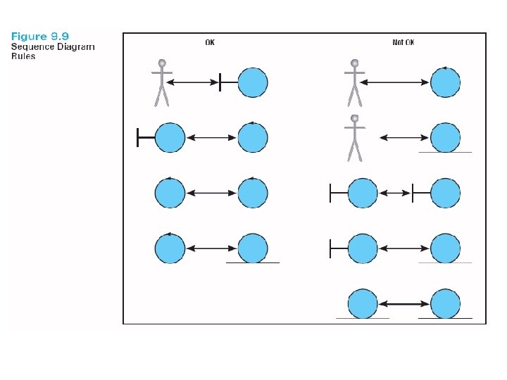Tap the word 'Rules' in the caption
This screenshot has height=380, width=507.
coord(23,57)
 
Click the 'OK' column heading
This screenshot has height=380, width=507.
coord(210,43)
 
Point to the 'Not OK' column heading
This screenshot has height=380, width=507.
coord(403,43)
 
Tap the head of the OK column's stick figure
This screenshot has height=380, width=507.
coord(162,63)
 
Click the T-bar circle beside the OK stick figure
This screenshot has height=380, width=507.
coord(252,82)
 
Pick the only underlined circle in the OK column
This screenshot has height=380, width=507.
coord(252,248)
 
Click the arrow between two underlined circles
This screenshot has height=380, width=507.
coord(404,304)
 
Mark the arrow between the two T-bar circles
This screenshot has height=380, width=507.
coord(394,192)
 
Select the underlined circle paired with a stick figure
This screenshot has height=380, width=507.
coord(445,137)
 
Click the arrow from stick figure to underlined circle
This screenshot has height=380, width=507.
coord(404,137)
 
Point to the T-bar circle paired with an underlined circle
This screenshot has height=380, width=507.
coord(362,248)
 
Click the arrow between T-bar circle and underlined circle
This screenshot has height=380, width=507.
coord(404,248)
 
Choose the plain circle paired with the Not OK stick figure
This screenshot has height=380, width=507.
coord(445,82)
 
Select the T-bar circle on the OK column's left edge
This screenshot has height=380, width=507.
coord(169,137)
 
